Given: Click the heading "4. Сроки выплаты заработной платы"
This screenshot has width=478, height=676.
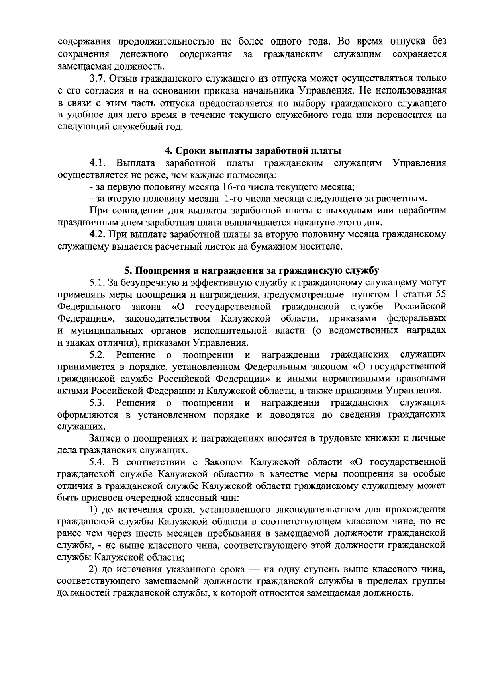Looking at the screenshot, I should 253,151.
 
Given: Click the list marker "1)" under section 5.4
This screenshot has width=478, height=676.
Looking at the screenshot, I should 94,510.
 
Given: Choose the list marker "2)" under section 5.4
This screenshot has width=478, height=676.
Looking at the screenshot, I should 94,570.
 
